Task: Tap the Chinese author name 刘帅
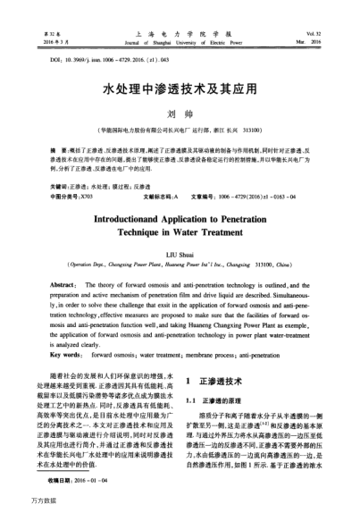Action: (x=179, y=115)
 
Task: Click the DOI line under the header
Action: (x=75, y=60)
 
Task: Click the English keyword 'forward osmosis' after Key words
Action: (x=104, y=354)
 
